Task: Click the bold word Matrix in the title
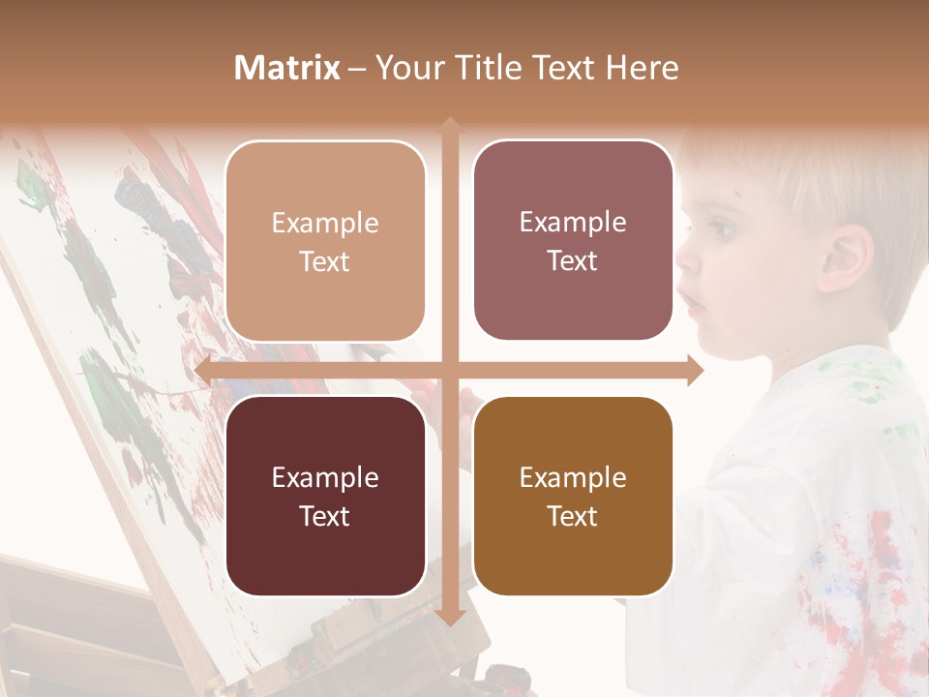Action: [x=287, y=68]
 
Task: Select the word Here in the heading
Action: [x=642, y=68]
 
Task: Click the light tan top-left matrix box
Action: [x=325, y=241]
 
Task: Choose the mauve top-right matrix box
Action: [x=573, y=241]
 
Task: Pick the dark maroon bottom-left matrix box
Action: [x=325, y=496]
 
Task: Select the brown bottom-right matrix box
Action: [x=573, y=496]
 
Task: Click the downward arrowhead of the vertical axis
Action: [x=450, y=620]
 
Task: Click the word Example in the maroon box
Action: [x=325, y=477]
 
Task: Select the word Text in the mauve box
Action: [x=573, y=261]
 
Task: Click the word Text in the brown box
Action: [x=573, y=516]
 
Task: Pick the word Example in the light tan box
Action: [x=325, y=223]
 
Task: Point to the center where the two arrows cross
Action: [x=450, y=370]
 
